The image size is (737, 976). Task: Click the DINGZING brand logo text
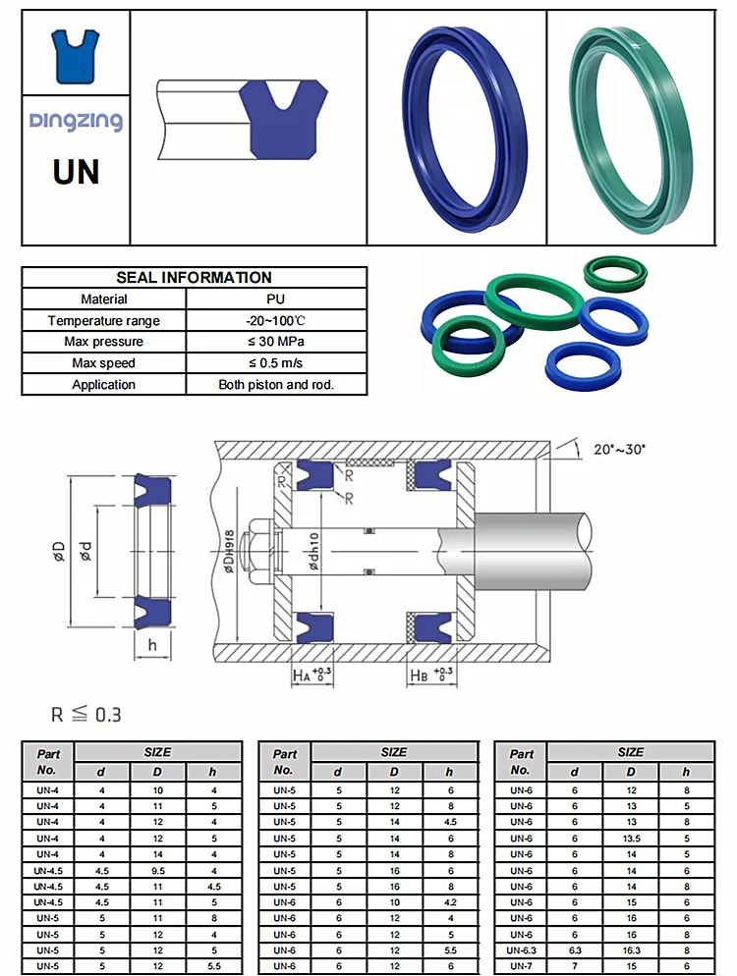point(76,121)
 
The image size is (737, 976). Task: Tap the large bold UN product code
point(76,171)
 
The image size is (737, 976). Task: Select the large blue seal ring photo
point(456,128)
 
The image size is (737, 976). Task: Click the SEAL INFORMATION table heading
point(194,278)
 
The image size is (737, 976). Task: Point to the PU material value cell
point(276,299)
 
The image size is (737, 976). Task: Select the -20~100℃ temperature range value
point(276,321)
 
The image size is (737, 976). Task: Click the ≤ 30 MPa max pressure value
point(276,342)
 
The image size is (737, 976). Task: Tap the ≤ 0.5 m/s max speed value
point(276,363)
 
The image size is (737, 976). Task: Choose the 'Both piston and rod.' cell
point(276,385)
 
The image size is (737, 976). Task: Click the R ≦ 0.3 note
point(86,715)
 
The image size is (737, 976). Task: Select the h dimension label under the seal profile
point(152,644)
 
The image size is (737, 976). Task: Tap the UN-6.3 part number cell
point(521,950)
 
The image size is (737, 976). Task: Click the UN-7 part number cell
point(521,966)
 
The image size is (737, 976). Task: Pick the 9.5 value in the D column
point(156,870)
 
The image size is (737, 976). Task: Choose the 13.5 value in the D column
point(630,838)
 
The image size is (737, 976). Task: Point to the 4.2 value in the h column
point(450,902)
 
